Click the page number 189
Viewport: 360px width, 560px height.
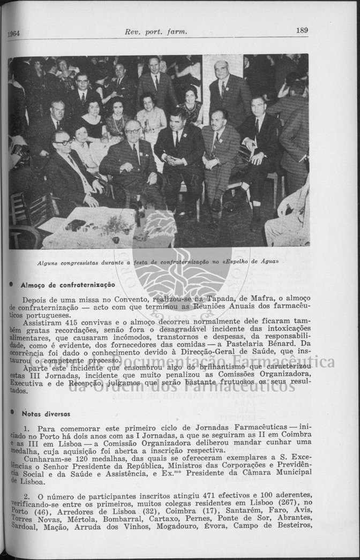point(302,31)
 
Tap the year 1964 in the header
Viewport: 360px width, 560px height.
point(13,33)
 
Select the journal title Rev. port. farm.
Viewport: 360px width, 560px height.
point(156,32)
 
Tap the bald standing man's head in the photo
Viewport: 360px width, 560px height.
point(221,69)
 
